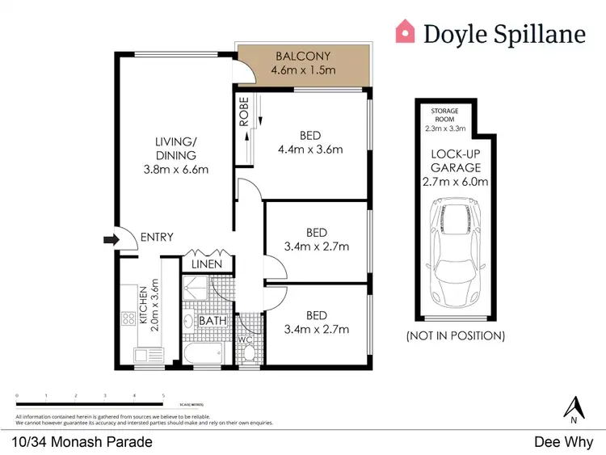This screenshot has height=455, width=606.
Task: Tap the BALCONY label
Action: pyautogui.click(x=303, y=57)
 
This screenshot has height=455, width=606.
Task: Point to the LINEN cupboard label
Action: pyautogui.click(x=207, y=264)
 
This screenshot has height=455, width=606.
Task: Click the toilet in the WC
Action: pyautogui.click(x=248, y=352)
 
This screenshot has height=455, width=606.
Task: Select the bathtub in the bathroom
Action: pyautogui.click(x=202, y=352)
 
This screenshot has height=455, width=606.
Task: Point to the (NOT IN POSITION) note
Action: pyautogui.click(x=457, y=335)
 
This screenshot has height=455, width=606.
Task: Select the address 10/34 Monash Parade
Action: pyautogui.click(x=82, y=442)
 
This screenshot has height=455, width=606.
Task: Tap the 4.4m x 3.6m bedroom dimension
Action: pyautogui.click(x=311, y=149)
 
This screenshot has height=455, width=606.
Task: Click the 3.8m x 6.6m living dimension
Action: pyautogui.click(x=176, y=170)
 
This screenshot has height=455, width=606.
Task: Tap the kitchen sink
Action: pyautogui.click(x=145, y=355)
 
